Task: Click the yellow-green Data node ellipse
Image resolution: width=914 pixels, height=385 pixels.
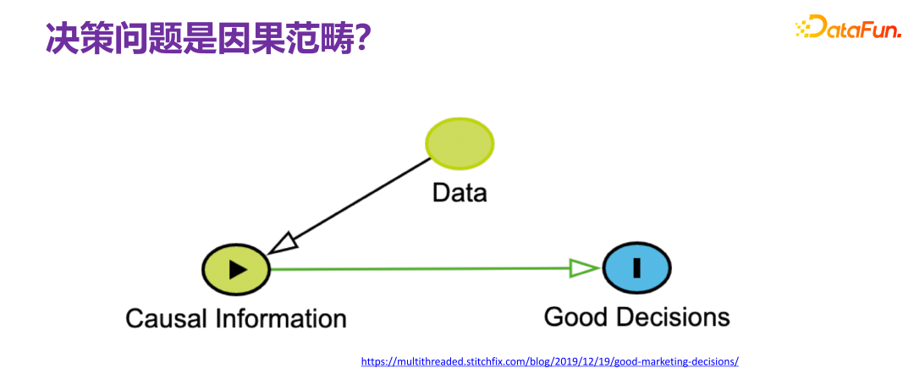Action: [x=460, y=144]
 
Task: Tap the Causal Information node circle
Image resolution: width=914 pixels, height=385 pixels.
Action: [x=235, y=269]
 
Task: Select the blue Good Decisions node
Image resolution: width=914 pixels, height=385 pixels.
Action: [x=636, y=268]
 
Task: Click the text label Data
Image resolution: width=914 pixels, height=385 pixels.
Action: [x=460, y=193]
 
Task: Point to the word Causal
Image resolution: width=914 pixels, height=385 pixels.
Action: [x=166, y=319]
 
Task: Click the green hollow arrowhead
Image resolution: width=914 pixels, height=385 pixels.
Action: [x=584, y=269]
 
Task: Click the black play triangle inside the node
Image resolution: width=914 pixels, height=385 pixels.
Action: [x=238, y=269]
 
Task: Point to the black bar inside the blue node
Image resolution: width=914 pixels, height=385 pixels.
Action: [x=636, y=268]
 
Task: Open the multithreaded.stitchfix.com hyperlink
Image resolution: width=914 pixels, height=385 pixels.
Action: [x=549, y=361]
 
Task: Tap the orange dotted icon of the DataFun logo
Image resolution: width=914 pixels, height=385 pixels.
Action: [x=805, y=28]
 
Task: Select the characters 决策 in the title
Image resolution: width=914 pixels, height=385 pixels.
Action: [x=77, y=38]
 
